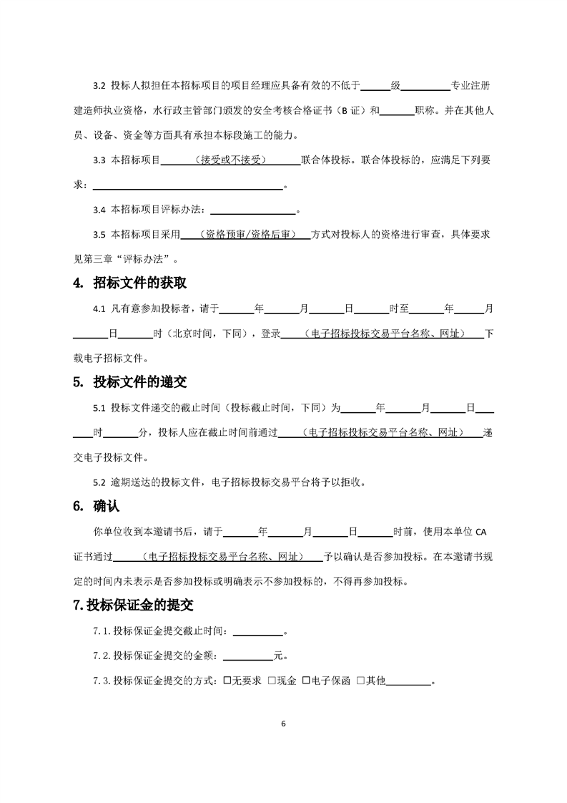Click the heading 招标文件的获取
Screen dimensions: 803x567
[139, 283]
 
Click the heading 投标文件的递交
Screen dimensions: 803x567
[139, 382]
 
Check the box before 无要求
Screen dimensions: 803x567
[227, 681]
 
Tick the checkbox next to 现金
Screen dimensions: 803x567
[272, 681]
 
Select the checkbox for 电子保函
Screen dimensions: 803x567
[305, 681]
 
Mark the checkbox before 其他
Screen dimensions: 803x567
[360, 681]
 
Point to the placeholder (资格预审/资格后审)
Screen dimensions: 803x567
[247, 234]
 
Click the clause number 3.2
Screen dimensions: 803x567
[99, 87]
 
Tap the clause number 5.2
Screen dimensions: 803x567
[99, 482]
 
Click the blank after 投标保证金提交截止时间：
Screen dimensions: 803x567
[258, 631]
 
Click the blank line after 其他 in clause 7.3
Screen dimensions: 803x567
[409, 681]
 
